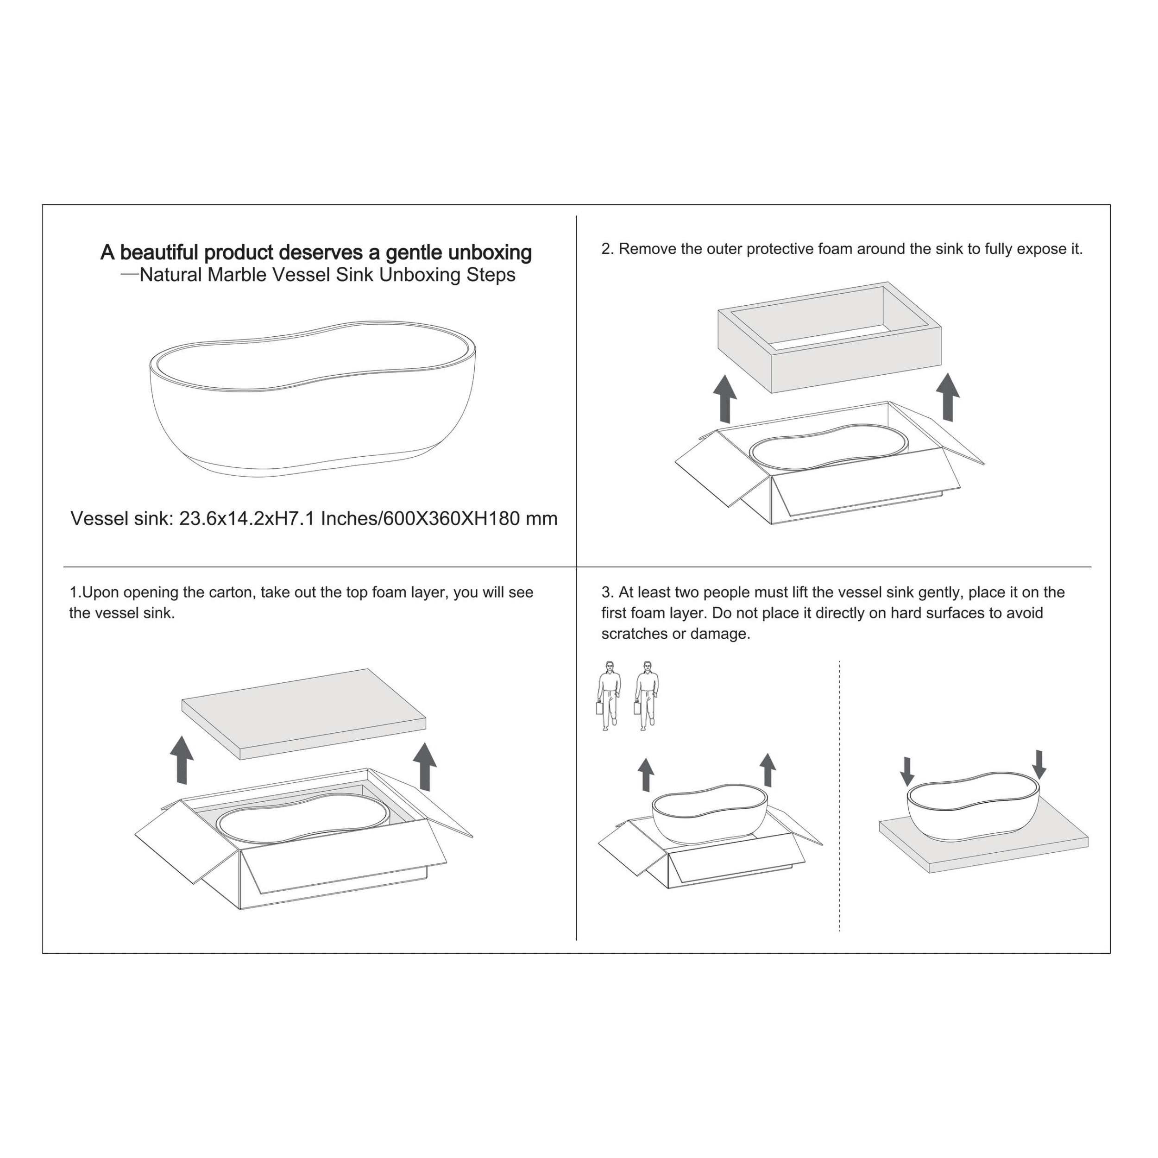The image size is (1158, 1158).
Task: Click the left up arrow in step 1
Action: [x=182, y=761]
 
